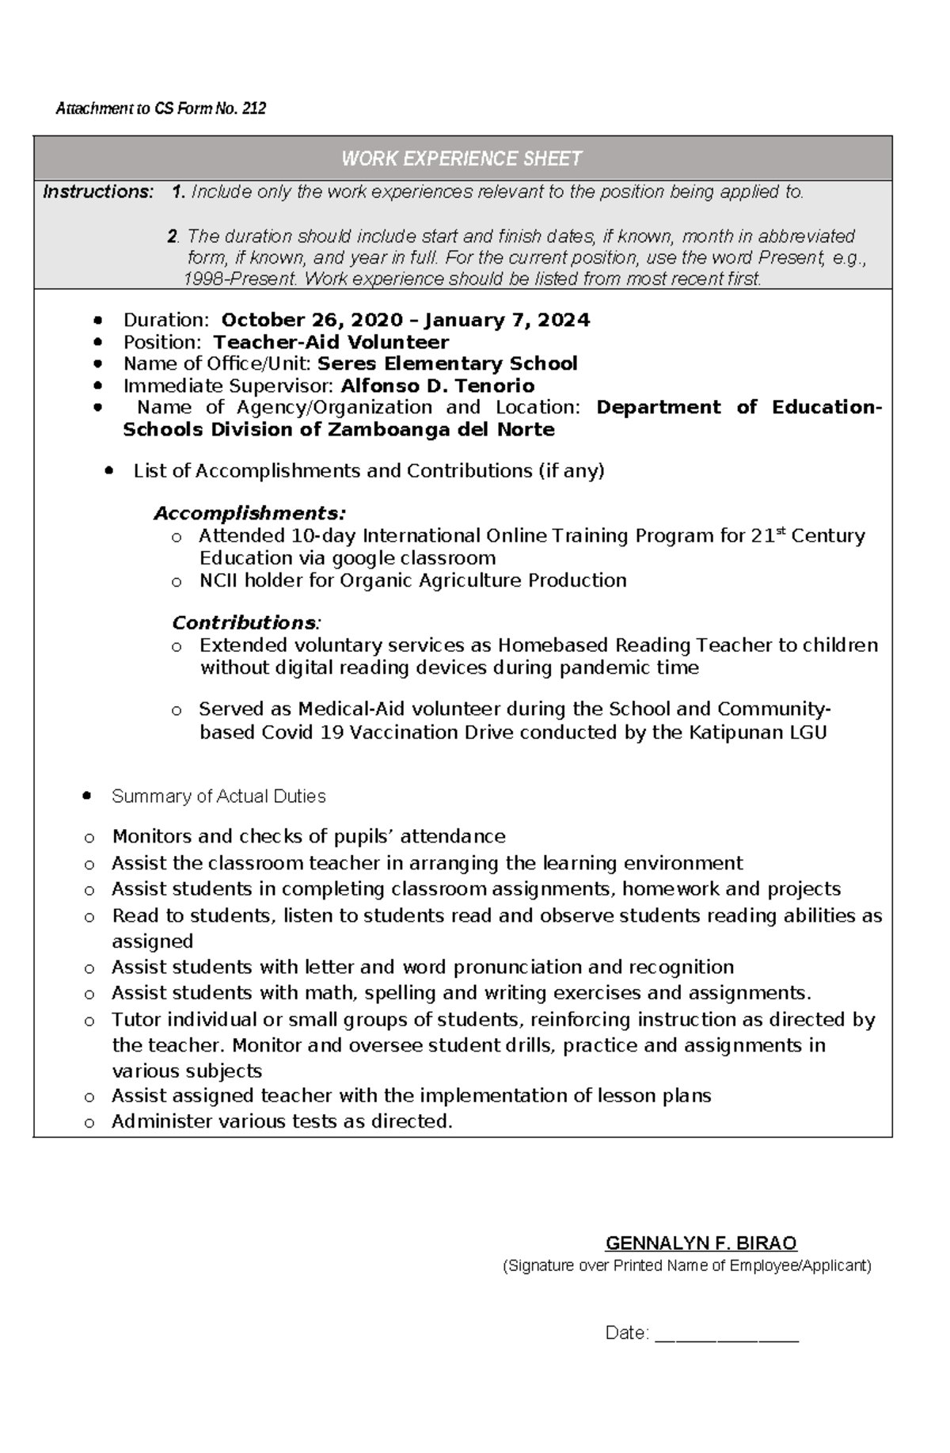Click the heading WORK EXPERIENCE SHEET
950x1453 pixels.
(x=462, y=159)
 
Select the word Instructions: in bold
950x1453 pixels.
(x=98, y=192)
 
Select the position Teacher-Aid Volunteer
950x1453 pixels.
(x=331, y=342)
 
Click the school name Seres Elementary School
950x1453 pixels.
(x=447, y=363)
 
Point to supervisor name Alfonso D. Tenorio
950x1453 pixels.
(x=437, y=386)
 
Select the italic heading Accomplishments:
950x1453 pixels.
(x=250, y=513)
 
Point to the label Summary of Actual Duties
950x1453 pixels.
(x=219, y=797)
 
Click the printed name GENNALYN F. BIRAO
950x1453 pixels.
(x=701, y=1242)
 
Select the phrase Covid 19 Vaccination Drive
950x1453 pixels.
(x=387, y=732)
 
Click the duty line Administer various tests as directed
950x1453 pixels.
(x=282, y=1121)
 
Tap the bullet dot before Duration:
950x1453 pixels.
(x=97, y=321)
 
